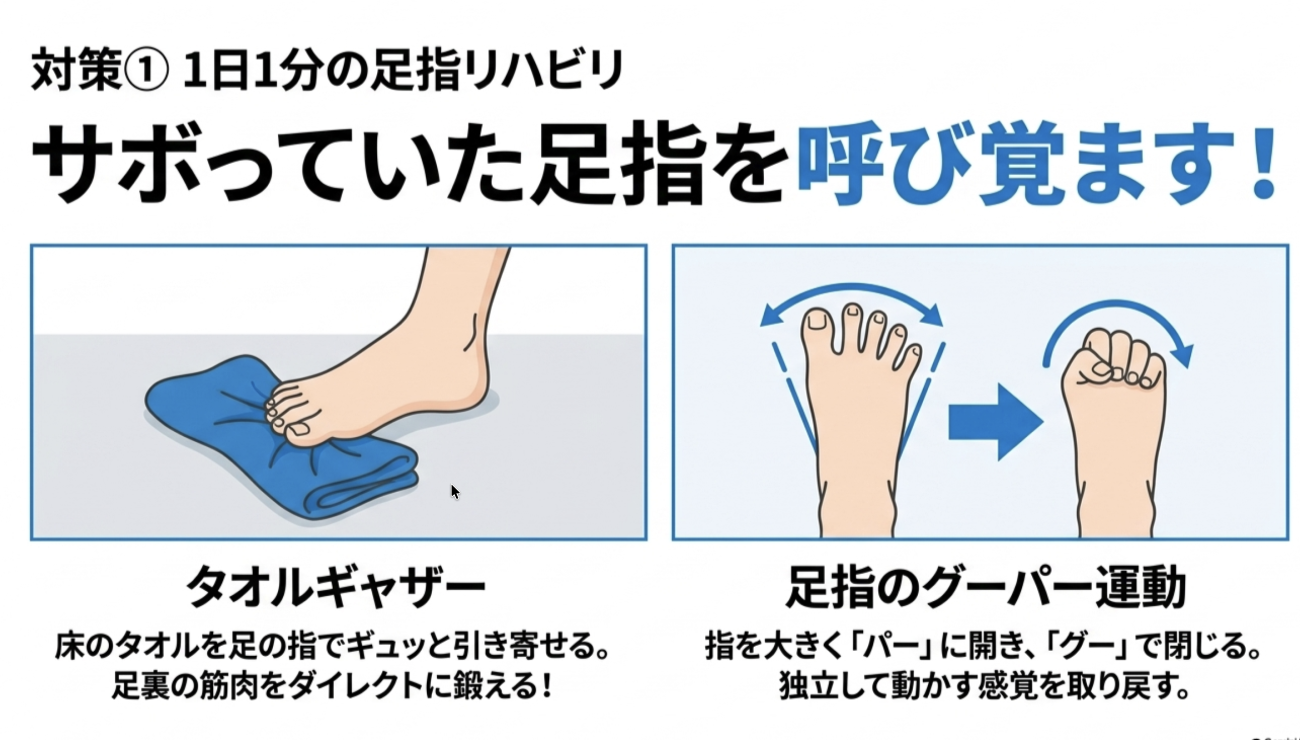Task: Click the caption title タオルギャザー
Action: [337, 588]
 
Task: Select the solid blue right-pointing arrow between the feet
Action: [996, 422]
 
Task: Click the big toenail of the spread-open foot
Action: [818, 320]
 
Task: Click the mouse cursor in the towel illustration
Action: [455, 492]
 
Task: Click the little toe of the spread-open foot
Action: [913, 358]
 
